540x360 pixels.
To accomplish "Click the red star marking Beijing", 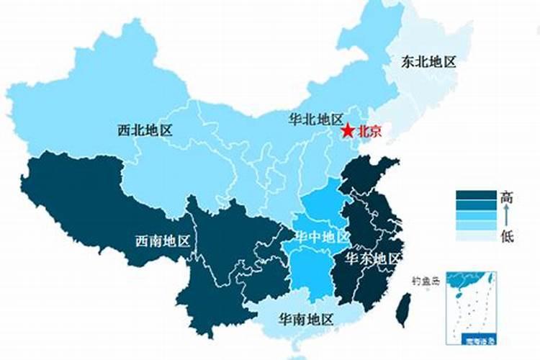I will pyautogui.click(x=348, y=131).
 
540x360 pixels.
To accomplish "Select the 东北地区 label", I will pyautogui.click(x=429, y=61).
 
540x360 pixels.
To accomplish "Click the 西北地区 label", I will pyautogui.click(x=146, y=130).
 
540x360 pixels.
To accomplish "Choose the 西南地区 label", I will pyautogui.click(x=163, y=241).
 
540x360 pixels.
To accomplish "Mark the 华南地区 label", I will pyautogui.click(x=306, y=318).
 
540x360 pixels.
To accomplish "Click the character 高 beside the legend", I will pyautogui.click(x=507, y=196).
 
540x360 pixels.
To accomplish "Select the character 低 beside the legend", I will pyautogui.click(x=507, y=235).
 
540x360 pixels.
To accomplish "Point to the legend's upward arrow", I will pyautogui.click(x=507, y=215).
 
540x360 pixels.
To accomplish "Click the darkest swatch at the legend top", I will pyautogui.click(x=476, y=195).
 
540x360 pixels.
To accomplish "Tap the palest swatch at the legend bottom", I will pyautogui.click(x=476, y=235).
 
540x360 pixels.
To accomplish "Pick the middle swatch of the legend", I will pyautogui.click(x=476, y=215).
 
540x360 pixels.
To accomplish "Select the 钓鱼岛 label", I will pyautogui.click(x=425, y=282).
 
